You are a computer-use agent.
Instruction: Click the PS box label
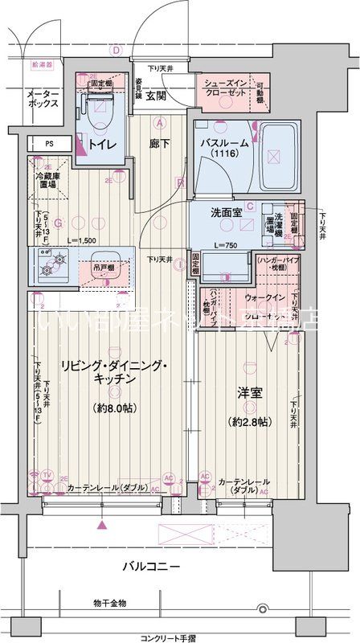(49, 145)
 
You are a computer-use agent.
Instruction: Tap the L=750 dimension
(225, 244)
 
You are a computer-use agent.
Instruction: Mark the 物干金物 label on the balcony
(108, 602)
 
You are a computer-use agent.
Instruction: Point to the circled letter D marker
(116, 50)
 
